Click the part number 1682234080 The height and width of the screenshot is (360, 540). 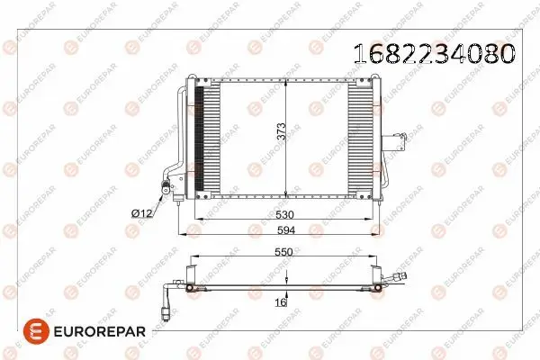[435, 54]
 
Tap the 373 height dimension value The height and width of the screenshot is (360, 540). [282, 131]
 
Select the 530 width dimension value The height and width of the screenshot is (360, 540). [284, 214]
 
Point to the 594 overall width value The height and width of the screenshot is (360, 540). [286, 229]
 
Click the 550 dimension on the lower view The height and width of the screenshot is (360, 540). [283, 252]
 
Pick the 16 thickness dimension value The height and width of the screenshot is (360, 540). [281, 302]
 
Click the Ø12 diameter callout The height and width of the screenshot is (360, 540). [141, 213]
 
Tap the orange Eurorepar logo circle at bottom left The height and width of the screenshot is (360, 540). [36, 331]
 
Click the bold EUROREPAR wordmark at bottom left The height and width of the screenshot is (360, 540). [100, 331]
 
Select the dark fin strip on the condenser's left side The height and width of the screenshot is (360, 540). [199, 139]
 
